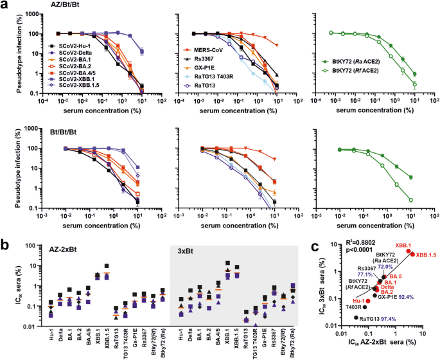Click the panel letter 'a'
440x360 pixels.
(x=4, y=5)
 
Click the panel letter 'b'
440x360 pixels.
(x=4, y=227)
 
